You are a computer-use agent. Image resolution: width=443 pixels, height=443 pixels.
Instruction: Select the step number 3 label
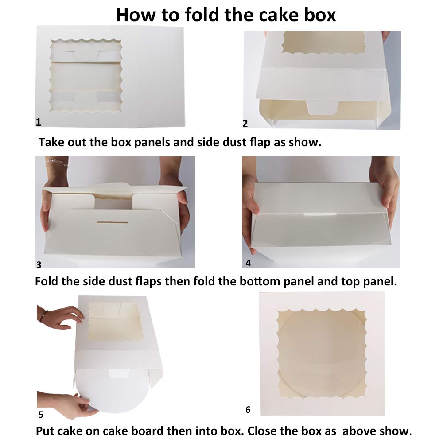(39, 265)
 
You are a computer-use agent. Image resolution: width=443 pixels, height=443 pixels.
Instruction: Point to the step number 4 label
(248, 263)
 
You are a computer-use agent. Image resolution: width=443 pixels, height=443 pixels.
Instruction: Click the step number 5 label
(41, 415)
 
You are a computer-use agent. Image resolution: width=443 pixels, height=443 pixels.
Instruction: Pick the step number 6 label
(248, 410)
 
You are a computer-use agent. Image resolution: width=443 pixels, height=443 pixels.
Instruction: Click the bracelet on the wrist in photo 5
(43, 315)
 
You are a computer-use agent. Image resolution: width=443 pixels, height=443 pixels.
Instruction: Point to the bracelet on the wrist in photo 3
(57, 163)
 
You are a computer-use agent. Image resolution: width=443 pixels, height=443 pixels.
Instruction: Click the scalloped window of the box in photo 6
(322, 352)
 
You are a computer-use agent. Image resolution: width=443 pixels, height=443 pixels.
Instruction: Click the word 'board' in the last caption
(132, 431)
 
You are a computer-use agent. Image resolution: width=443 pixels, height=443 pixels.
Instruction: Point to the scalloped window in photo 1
(86, 75)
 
